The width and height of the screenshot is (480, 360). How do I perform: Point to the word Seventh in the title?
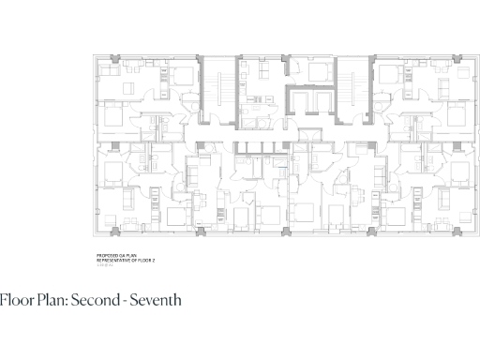click(x=156, y=300)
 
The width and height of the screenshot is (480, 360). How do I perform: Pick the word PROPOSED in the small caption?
click(x=107, y=254)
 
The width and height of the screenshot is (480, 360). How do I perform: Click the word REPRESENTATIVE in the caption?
click(x=114, y=259)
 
